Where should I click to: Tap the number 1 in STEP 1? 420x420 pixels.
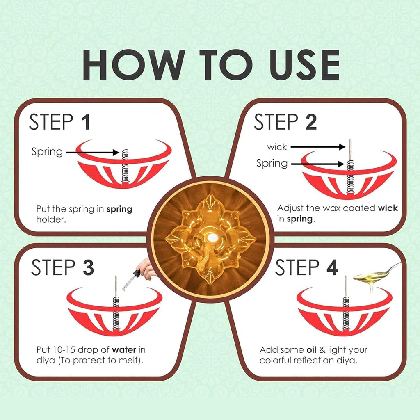[85, 122]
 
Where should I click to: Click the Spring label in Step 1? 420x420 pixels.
[47, 152]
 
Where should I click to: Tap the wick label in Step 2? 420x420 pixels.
[277, 147]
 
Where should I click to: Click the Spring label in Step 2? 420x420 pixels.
[272, 163]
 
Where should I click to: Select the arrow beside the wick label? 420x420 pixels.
[318, 146]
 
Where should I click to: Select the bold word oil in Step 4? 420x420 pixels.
[311, 350]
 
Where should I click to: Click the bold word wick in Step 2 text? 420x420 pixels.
[388, 208]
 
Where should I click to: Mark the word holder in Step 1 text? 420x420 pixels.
[51, 219]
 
